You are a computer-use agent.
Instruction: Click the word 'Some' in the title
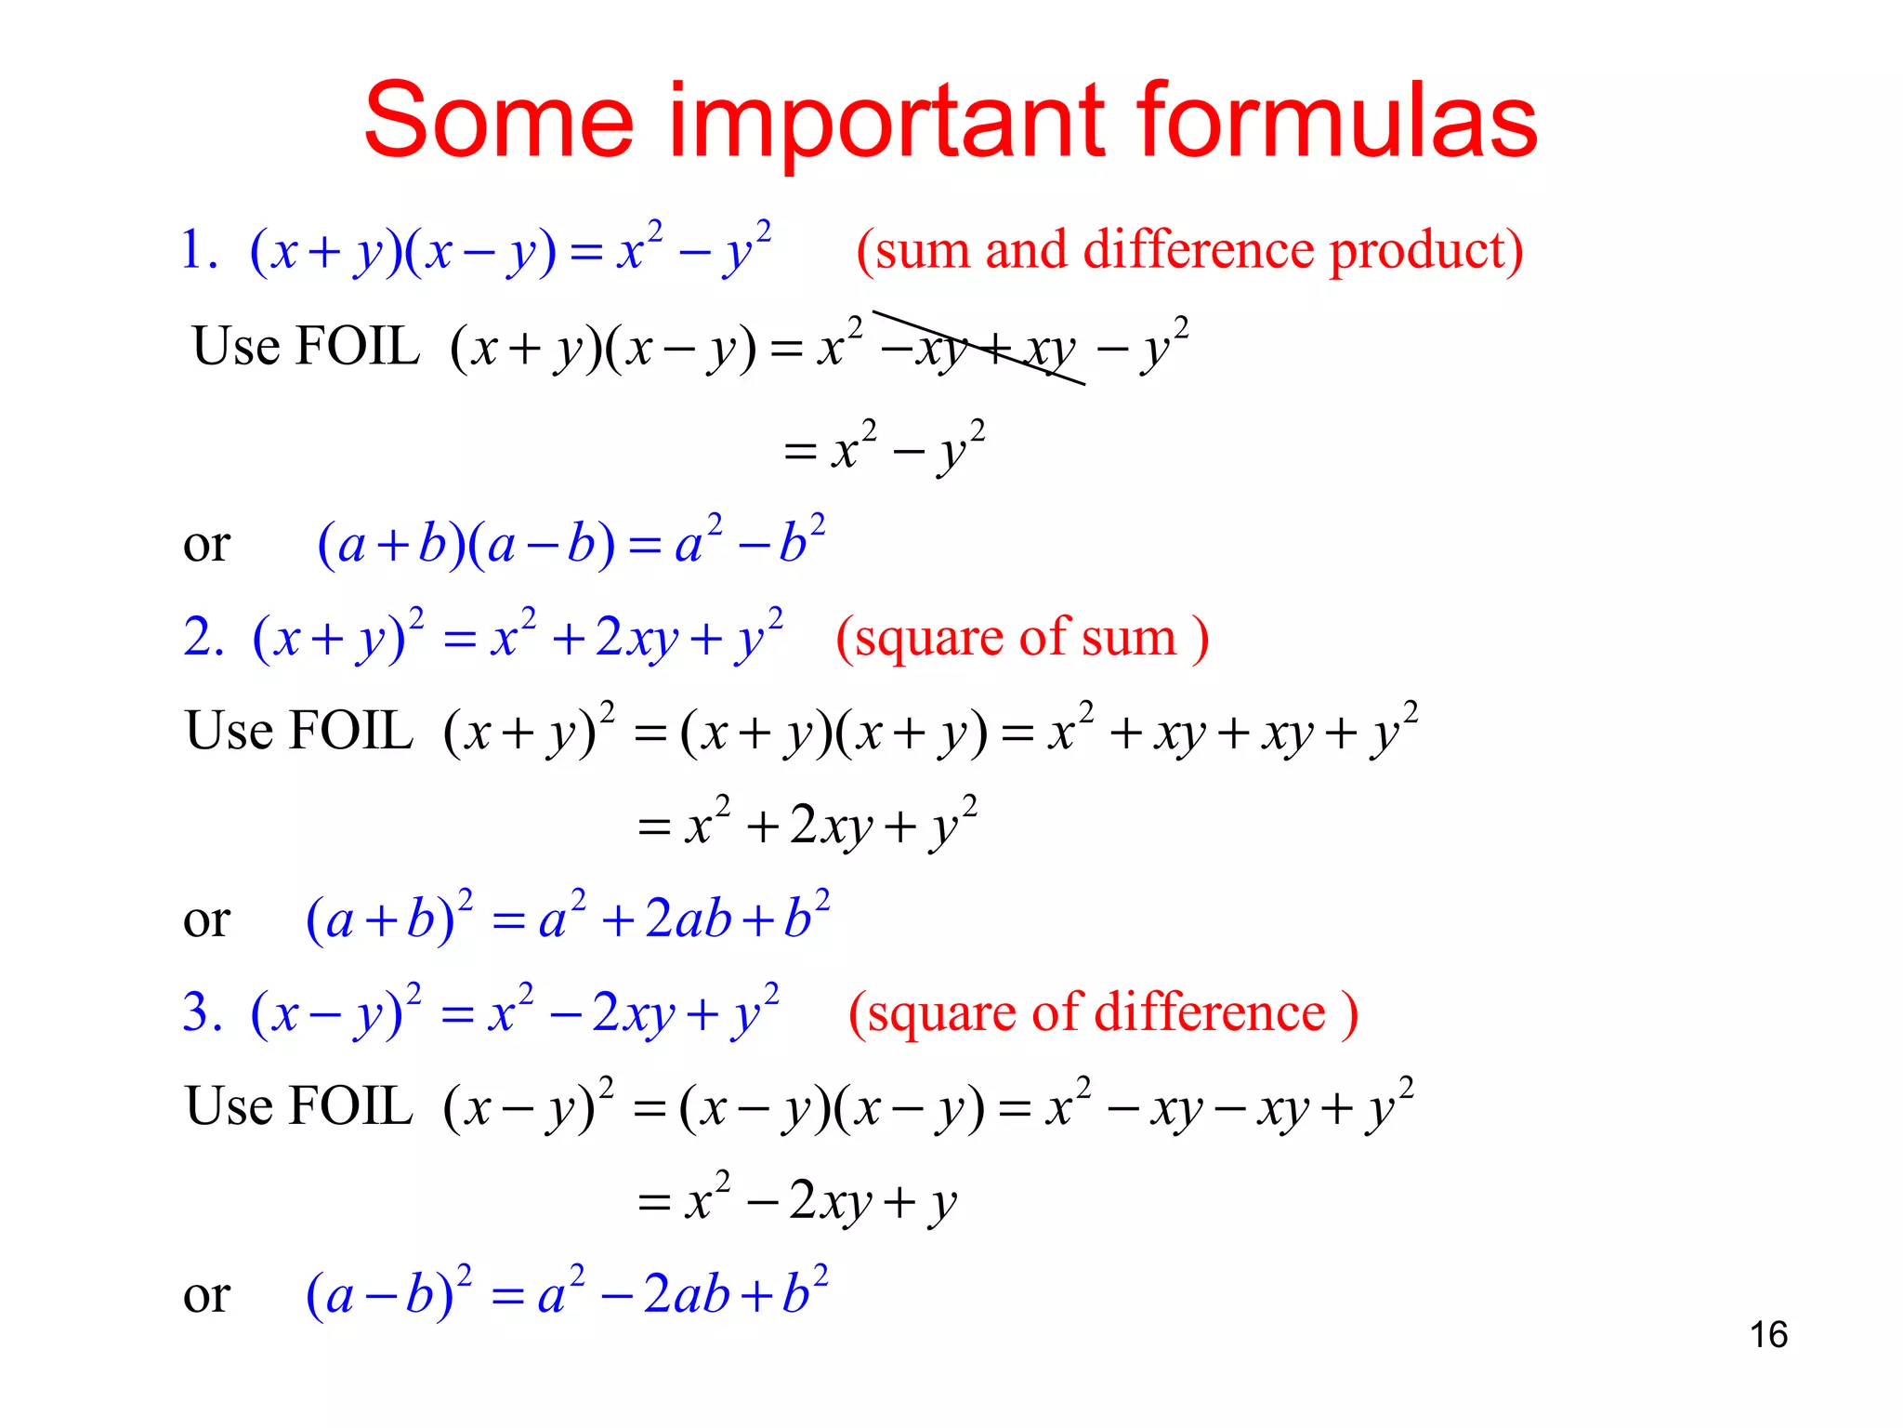499,122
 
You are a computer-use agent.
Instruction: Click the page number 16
1768,1335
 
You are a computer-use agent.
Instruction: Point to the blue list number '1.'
199,251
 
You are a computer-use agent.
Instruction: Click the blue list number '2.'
203,638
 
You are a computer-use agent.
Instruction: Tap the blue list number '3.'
203,1012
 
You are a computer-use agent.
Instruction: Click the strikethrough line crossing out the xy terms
978,348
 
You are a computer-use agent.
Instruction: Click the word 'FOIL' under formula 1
357,347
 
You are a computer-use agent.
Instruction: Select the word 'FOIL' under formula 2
350,731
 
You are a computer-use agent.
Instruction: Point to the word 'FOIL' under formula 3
350,1106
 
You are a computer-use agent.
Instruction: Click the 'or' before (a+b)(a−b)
206,544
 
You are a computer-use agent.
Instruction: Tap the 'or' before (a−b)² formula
206,1294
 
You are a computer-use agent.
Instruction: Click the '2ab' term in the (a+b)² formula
689,919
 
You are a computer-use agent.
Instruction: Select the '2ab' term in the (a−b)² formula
687,1294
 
